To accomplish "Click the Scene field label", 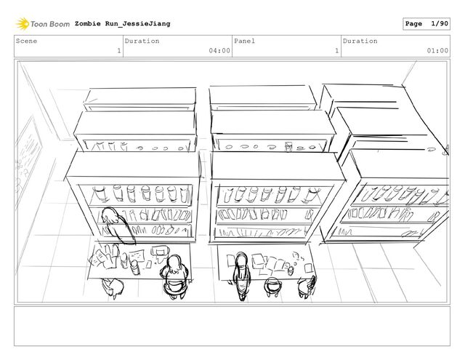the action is [28, 41].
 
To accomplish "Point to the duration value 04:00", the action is [219, 51].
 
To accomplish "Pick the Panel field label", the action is [244, 41].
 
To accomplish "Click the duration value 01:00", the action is [437, 51].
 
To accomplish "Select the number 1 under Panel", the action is [336, 51].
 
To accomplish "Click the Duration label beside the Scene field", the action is [142, 41].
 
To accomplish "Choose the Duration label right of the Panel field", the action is [360, 41].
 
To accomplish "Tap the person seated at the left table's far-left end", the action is [113, 285].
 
